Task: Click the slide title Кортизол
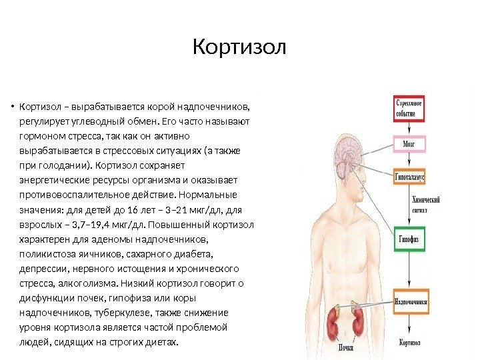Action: click(x=239, y=49)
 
